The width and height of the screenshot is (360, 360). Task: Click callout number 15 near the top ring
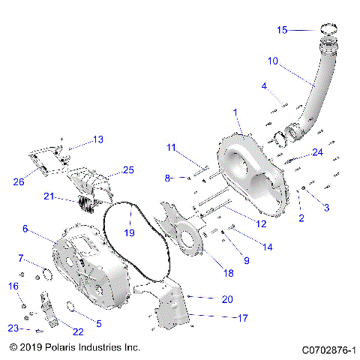(x=282, y=31)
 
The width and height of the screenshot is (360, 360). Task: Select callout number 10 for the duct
(x=272, y=60)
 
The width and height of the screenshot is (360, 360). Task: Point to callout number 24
(x=318, y=152)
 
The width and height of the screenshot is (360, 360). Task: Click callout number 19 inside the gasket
(x=130, y=232)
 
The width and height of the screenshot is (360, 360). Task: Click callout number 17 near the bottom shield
(x=242, y=318)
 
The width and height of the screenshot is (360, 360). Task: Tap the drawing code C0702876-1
(x=328, y=349)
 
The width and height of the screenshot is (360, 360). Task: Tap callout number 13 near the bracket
(x=98, y=139)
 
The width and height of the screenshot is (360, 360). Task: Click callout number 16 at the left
(x=13, y=286)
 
